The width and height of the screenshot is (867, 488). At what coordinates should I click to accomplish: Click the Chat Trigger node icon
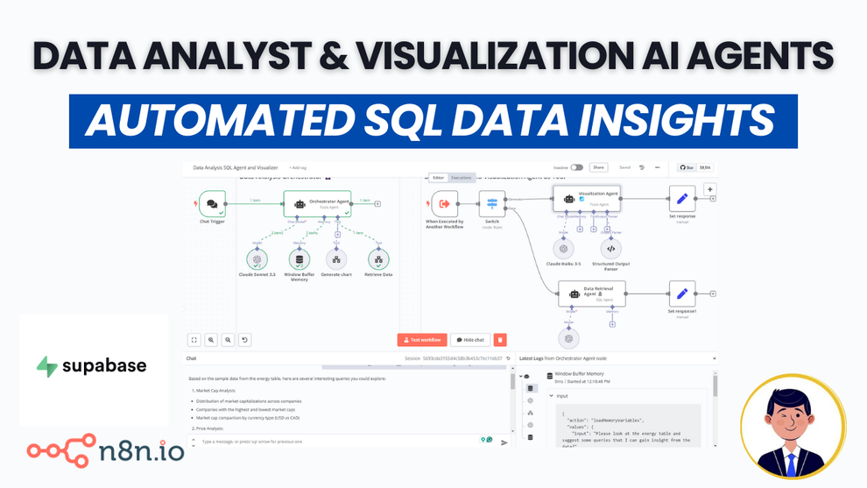pyautogui.click(x=212, y=204)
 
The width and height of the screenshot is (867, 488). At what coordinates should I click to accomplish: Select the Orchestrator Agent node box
pyautogui.click(x=316, y=203)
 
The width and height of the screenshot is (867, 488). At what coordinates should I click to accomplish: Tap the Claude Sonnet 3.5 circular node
pyautogui.click(x=257, y=259)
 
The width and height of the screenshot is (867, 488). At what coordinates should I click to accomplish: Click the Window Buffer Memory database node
pyautogui.click(x=300, y=259)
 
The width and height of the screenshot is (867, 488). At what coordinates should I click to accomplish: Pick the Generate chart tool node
pyautogui.click(x=336, y=259)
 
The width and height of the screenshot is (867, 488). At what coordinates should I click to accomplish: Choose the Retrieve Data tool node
pyautogui.click(x=378, y=259)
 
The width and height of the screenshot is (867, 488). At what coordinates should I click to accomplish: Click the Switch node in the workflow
pyautogui.click(x=491, y=204)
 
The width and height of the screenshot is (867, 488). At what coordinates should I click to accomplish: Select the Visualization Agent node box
pyautogui.click(x=587, y=199)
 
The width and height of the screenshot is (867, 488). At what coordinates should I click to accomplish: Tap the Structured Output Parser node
pyautogui.click(x=610, y=249)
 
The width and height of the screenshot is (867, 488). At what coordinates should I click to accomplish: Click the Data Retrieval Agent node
pyautogui.click(x=592, y=294)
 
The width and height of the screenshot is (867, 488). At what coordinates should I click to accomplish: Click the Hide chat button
pyautogui.click(x=470, y=340)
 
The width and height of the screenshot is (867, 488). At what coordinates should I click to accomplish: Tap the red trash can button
pyautogui.click(x=500, y=340)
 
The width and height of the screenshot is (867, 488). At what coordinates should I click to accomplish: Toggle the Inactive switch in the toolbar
pyautogui.click(x=576, y=167)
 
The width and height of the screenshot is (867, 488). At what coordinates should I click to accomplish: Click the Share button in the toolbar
pyautogui.click(x=598, y=167)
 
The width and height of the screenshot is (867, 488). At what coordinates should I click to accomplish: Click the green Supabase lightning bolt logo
pyautogui.click(x=47, y=366)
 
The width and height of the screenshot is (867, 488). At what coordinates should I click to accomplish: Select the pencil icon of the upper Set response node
pyautogui.click(x=682, y=199)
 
